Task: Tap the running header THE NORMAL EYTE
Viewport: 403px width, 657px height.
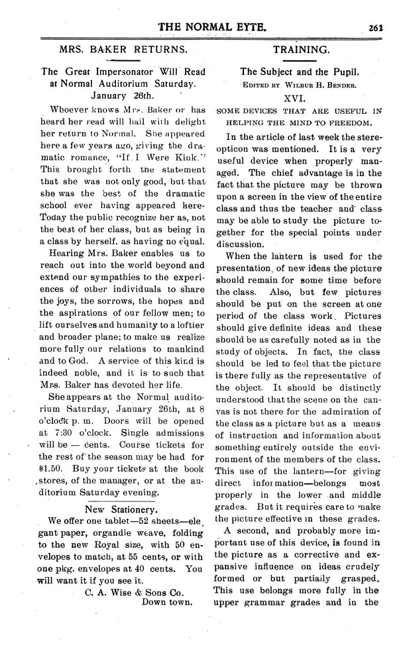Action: point(211,26)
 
